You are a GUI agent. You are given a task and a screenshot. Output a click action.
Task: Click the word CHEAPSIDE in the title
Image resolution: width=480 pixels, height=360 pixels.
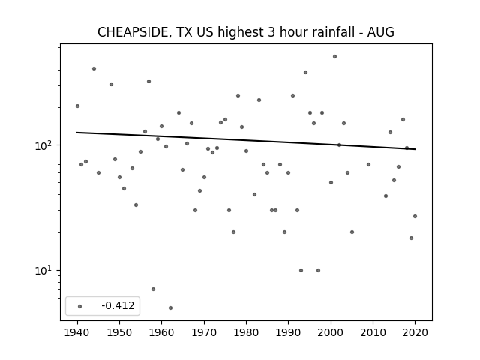133,32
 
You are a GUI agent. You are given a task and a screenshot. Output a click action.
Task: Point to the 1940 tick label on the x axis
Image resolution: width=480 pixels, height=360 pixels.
77,332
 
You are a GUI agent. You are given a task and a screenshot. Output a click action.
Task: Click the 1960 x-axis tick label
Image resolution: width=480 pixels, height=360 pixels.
162,332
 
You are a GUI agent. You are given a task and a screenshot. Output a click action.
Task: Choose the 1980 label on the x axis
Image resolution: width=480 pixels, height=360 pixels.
246,332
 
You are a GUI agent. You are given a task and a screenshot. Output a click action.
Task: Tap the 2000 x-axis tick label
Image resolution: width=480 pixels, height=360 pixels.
331,332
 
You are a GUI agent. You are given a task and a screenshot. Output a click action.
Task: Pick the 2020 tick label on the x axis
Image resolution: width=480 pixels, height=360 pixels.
415,332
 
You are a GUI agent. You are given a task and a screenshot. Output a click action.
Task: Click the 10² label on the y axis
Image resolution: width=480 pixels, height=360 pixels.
43,145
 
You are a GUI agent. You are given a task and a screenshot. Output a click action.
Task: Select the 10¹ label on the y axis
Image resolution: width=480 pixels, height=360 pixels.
43,271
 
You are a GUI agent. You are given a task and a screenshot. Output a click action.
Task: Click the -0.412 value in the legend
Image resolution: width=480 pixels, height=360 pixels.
118,305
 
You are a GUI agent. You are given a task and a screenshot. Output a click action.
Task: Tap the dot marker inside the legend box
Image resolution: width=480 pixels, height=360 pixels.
80,306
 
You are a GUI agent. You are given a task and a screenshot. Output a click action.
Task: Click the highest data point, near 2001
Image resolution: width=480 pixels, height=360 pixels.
335,57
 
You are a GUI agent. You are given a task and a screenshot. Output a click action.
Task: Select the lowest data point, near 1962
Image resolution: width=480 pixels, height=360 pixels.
170,307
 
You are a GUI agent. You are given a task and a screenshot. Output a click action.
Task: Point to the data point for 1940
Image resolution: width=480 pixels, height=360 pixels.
77,106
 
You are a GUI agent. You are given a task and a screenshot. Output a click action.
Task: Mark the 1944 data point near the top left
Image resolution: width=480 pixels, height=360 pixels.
94,68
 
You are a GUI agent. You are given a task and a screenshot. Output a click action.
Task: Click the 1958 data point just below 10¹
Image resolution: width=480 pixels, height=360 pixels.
153,289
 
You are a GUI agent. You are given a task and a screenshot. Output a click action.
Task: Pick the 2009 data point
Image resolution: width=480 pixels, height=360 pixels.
368,165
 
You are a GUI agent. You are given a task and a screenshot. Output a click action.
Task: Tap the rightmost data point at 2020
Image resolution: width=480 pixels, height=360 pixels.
415,217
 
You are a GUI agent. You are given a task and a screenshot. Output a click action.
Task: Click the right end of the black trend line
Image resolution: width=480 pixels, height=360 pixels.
415,149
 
